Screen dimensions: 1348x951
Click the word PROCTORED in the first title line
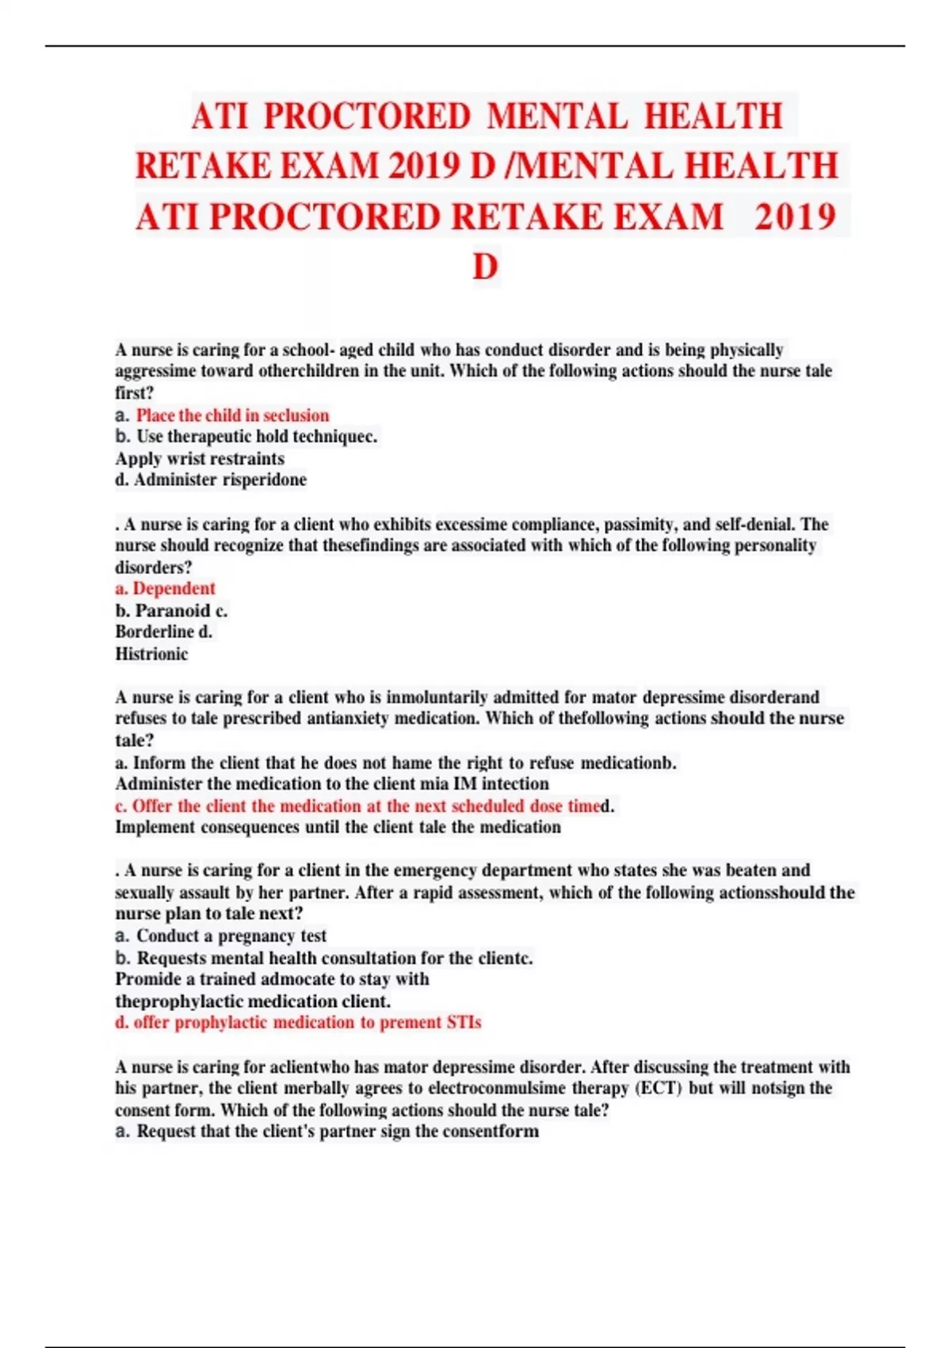coord(367,117)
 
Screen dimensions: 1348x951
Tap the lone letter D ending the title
coord(485,267)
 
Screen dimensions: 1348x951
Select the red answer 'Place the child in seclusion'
coord(232,416)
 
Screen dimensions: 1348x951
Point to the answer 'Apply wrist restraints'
coord(200,458)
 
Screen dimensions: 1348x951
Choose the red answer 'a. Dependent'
coord(165,588)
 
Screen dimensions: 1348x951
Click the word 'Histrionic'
coord(151,654)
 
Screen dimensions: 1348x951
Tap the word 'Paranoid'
coord(173,611)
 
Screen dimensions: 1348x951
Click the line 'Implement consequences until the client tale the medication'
coord(338,827)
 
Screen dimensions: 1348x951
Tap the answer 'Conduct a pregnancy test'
coord(231,936)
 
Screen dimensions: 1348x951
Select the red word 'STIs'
coord(464,1022)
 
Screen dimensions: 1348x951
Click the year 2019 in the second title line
coord(425,167)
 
